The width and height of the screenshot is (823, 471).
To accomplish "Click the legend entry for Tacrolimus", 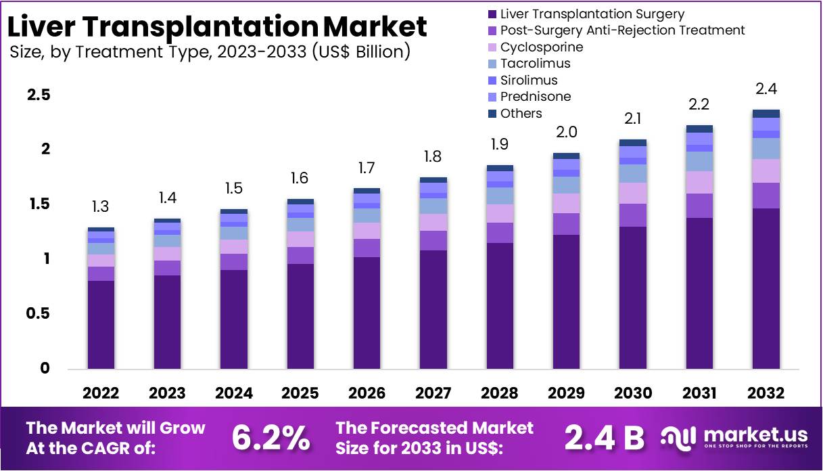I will (x=535, y=64).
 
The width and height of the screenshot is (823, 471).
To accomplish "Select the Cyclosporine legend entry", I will (x=541, y=47).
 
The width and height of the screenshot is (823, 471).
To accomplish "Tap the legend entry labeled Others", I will (x=521, y=114).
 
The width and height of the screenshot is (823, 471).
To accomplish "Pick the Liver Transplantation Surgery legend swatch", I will (x=492, y=14).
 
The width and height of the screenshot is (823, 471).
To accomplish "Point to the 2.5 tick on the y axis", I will (x=39, y=95).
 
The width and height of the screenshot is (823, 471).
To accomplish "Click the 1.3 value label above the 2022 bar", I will (x=101, y=207).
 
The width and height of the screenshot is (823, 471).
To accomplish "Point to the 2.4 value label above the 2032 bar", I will (x=766, y=89).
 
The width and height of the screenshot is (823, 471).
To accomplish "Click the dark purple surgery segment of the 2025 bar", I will (x=300, y=317).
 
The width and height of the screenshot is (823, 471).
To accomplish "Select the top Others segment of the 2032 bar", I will (x=766, y=114).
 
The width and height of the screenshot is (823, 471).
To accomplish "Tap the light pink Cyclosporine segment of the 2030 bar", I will (x=633, y=194).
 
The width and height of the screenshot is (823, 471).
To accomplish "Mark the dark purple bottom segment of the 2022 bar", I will (x=101, y=325).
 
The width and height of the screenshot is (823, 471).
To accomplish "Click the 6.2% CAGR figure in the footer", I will (x=271, y=438).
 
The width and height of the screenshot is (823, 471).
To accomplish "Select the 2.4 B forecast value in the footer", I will (x=604, y=438).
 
